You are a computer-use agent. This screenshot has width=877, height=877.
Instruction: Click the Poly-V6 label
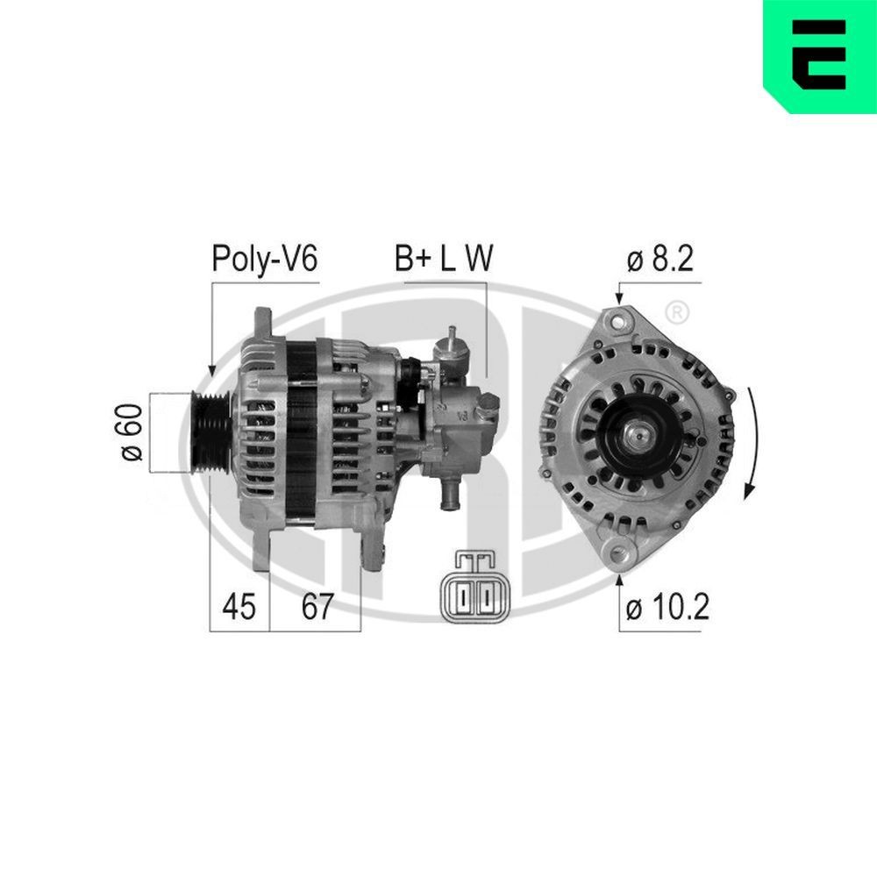pyautogui.click(x=264, y=259)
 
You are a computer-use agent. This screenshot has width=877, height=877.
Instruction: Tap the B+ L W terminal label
pyautogui.click(x=442, y=259)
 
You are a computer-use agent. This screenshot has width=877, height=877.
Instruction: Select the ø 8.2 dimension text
pyautogui.click(x=660, y=259)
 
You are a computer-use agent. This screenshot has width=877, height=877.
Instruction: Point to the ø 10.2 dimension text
pyautogui.click(x=667, y=607)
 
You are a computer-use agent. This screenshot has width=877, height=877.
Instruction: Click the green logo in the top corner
pyautogui.click(x=819, y=55)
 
